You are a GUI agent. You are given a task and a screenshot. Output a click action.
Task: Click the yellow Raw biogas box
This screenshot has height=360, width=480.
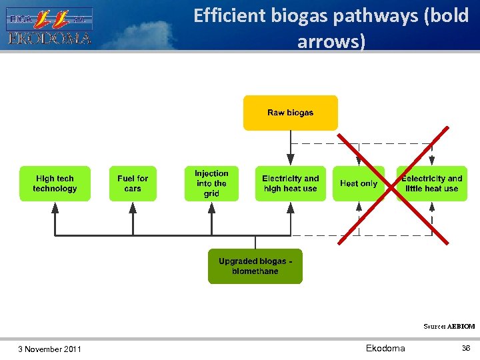point(290,113)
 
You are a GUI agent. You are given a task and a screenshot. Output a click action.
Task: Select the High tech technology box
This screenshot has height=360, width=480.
point(55,183)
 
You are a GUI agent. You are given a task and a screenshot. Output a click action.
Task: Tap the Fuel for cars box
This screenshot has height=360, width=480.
point(133,183)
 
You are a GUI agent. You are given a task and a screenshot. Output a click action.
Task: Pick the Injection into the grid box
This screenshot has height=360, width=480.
point(211,183)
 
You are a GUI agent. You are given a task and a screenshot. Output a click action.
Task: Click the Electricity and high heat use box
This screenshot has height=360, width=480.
point(290,183)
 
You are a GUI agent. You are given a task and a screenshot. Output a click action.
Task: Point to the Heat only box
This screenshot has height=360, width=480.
point(358,183)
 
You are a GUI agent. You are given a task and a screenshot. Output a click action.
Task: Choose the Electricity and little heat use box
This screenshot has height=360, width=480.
point(431,183)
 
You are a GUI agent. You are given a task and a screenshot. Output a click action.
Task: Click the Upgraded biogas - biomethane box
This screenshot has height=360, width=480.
point(255,266)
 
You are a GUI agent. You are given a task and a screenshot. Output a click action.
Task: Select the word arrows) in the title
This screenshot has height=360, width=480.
point(331,42)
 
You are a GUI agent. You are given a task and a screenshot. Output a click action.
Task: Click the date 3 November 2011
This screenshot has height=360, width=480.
point(50,349)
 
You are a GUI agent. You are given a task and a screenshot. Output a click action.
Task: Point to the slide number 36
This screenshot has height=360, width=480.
point(466,349)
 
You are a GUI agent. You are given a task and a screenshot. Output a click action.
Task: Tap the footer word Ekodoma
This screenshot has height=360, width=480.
point(385,349)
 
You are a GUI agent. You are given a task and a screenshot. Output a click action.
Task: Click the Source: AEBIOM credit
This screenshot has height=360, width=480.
point(449,327)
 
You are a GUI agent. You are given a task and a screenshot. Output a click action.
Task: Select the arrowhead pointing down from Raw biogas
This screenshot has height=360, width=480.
point(290,159)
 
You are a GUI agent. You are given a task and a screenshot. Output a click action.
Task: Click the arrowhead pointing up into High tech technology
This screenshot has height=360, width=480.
point(55,207)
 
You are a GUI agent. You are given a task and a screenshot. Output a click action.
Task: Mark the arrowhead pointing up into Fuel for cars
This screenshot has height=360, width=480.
point(133,207)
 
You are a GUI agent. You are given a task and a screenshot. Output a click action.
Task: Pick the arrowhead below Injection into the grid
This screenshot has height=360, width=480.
point(211,207)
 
